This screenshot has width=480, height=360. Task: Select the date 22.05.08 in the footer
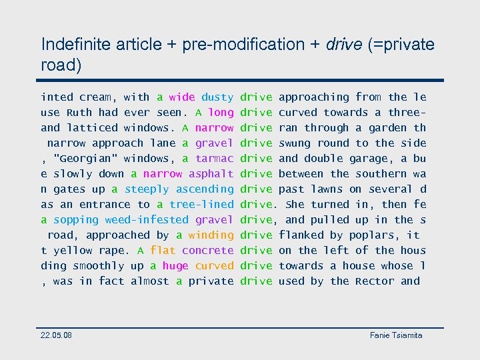(x=57, y=335)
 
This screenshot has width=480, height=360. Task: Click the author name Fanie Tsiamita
(x=396, y=335)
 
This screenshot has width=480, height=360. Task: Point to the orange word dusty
(x=217, y=97)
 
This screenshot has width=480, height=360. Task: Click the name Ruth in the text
(x=79, y=113)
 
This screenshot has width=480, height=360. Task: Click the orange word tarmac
(x=215, y=159)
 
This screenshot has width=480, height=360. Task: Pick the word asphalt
(x=211, y=174)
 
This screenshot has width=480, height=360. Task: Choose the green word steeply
(x=147, y=189)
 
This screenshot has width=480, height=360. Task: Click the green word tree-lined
(x=201, y=205)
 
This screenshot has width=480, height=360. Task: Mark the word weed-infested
(x=147, y=220)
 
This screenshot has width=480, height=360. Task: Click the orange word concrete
(x=208, y=251)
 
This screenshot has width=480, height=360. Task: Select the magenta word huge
(x=175, y=266)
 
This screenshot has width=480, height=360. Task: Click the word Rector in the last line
(x=375, y=281)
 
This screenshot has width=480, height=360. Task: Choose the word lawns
(x=327, y=189)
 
